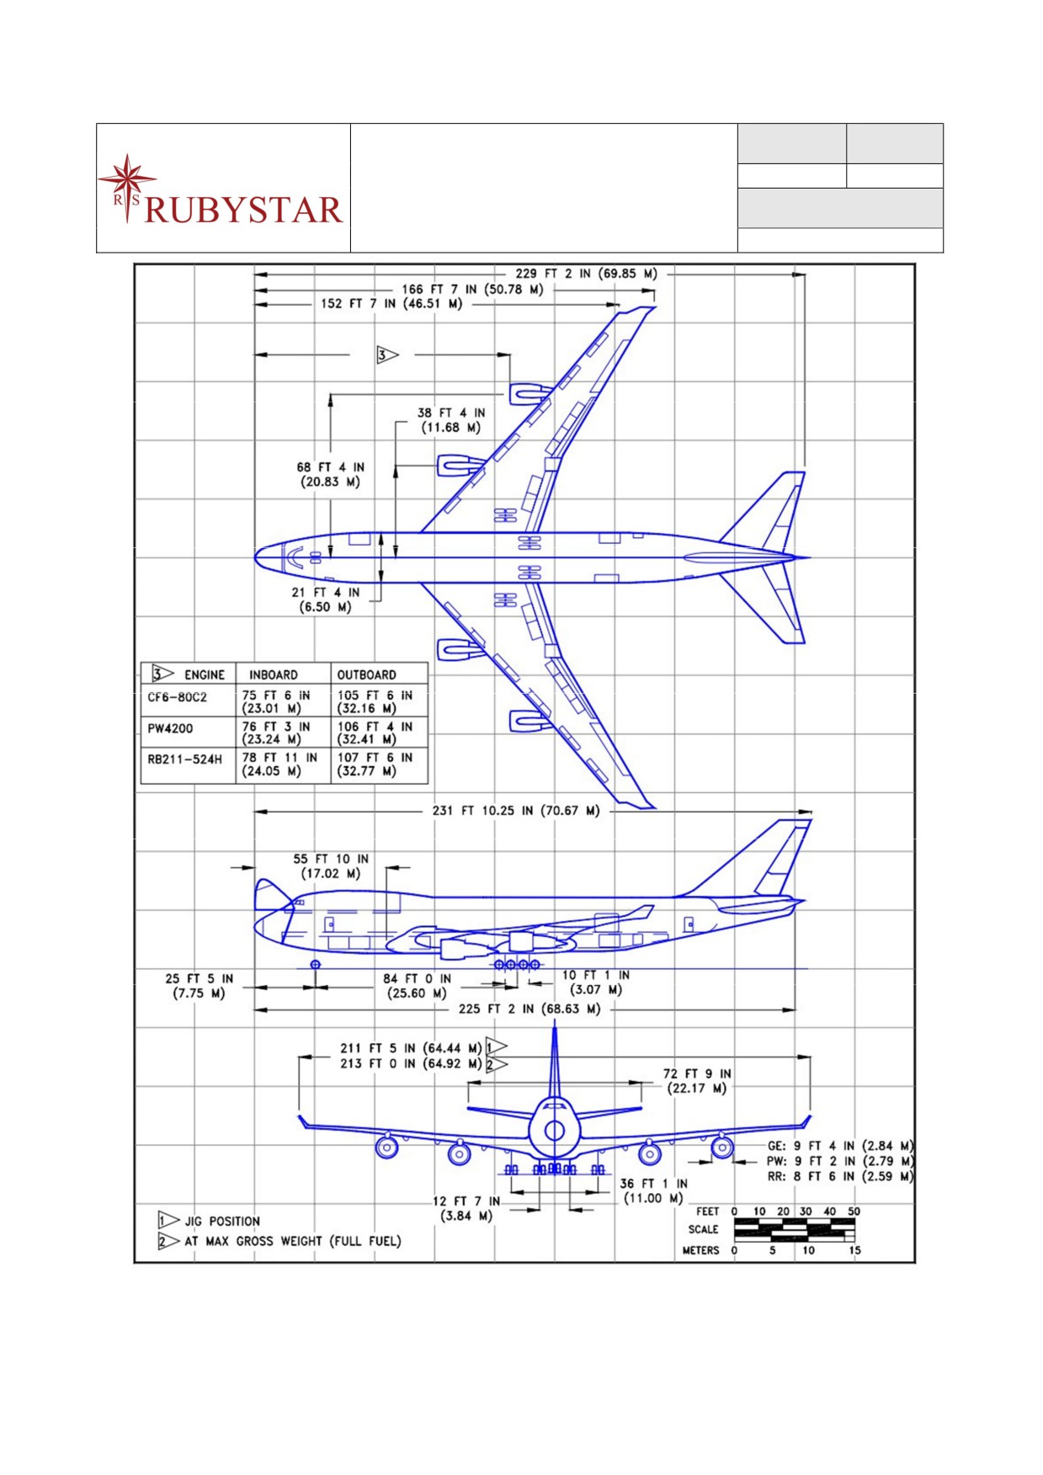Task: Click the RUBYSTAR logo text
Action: [244, 210]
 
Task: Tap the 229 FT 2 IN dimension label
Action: [587, 274]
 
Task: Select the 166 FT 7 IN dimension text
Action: [472, 289]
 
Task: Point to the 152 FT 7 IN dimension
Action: [391, 303]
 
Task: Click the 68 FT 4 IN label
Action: [330, 474]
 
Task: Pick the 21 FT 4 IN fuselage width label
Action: [326, 599]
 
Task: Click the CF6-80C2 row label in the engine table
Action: [177, 697]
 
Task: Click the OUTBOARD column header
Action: [366, 674]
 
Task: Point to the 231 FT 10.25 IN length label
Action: [516, 811]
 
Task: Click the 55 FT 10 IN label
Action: [331, 866]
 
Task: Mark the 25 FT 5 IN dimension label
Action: [200, 986]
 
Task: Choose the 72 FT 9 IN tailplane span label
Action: [697, 1081]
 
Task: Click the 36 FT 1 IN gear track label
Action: [654, 1190]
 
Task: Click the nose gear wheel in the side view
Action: [315, 964]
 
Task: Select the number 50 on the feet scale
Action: [854, 1211]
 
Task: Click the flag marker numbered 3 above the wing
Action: [386, 355]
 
